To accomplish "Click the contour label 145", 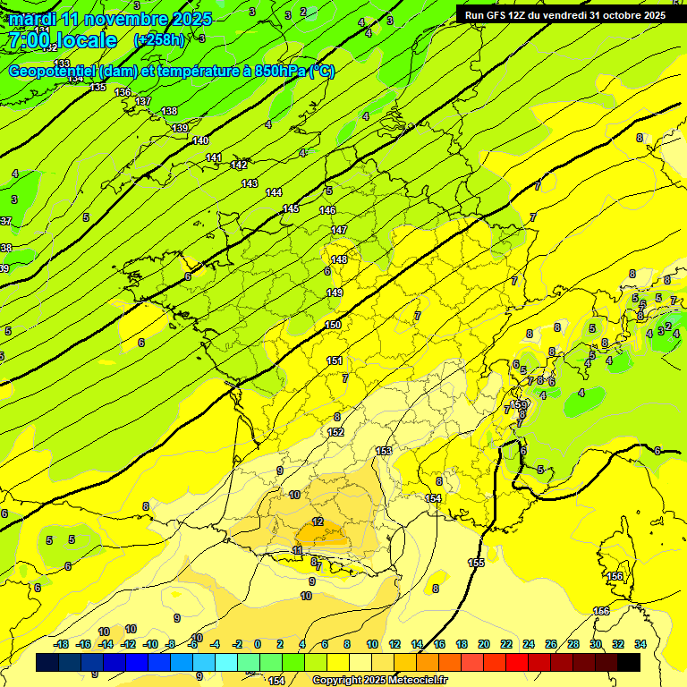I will (291, 208).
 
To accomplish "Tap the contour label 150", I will (333, 325).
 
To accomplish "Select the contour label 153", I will (384, 451).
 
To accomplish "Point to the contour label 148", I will (339, 259).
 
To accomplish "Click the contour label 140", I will (200, 140).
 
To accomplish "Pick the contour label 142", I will (239, 165).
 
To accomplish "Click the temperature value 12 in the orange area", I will (318, 522).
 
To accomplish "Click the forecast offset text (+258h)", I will (158, 40).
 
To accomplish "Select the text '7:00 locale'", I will (62, 40).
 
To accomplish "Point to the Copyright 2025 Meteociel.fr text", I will (379, 680).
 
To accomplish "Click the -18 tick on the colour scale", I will (62, 644).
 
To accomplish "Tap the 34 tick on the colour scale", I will (640, 644).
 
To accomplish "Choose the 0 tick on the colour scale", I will (258, 644).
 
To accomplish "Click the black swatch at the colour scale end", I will (629, 662).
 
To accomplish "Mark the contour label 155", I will (476, 563).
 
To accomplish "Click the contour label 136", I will (123, 92).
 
